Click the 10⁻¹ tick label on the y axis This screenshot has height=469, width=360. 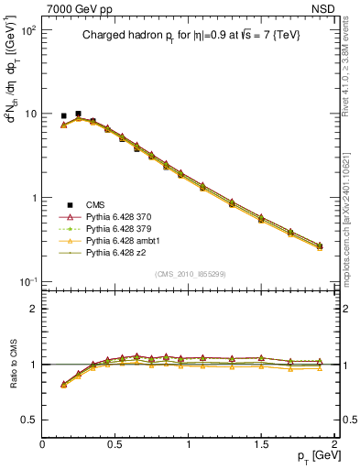pos(28,281)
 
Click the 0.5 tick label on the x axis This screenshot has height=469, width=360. pos(115,443)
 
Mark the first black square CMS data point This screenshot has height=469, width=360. pos(63,116)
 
